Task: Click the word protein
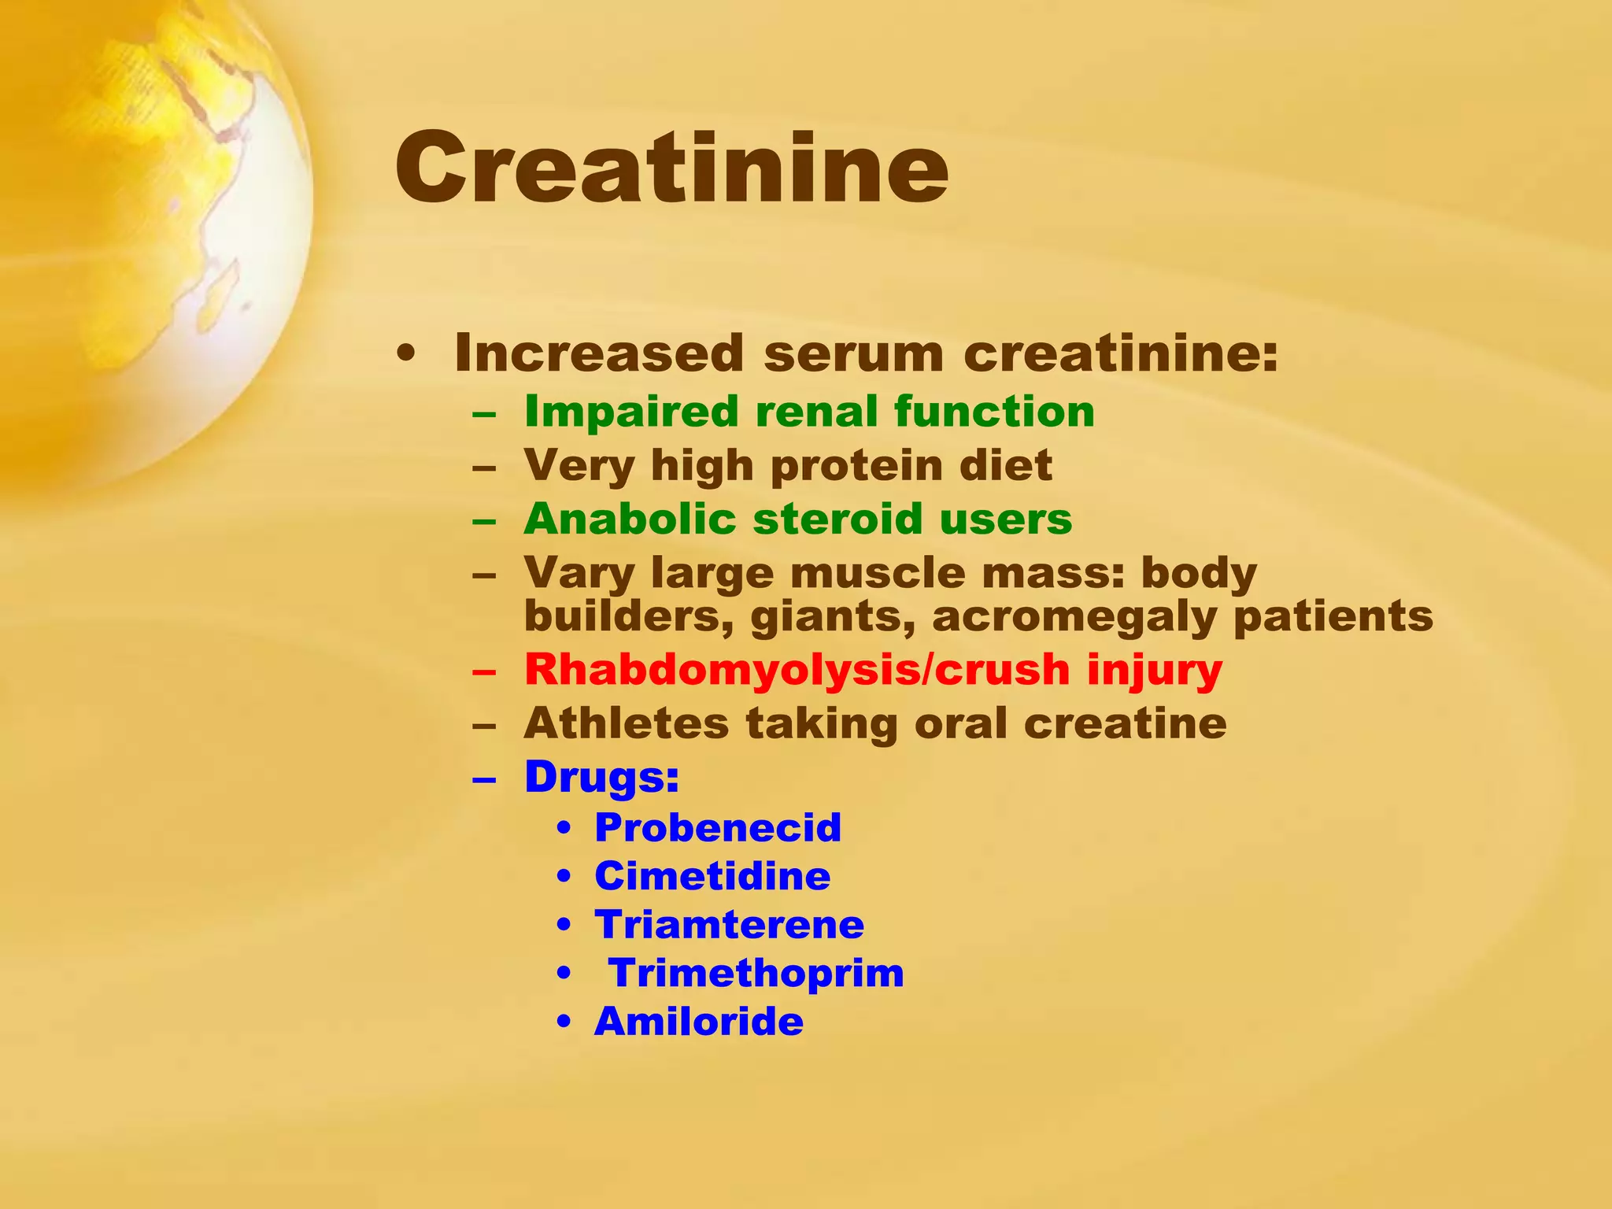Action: (x=856, y=466)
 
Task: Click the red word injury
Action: (x=1155, y=671)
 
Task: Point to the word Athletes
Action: (x=626, y=723)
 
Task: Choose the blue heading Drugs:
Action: (x=601, y=777)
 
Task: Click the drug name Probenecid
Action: (x=718, y=828)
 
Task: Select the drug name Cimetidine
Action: (x=712, y=877)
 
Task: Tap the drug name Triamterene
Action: (x=729, y=925)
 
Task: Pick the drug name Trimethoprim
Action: (x=756, y=974)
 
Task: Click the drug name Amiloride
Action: (x=699, y=1022)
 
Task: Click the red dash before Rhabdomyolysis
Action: (x=484, y=672)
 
